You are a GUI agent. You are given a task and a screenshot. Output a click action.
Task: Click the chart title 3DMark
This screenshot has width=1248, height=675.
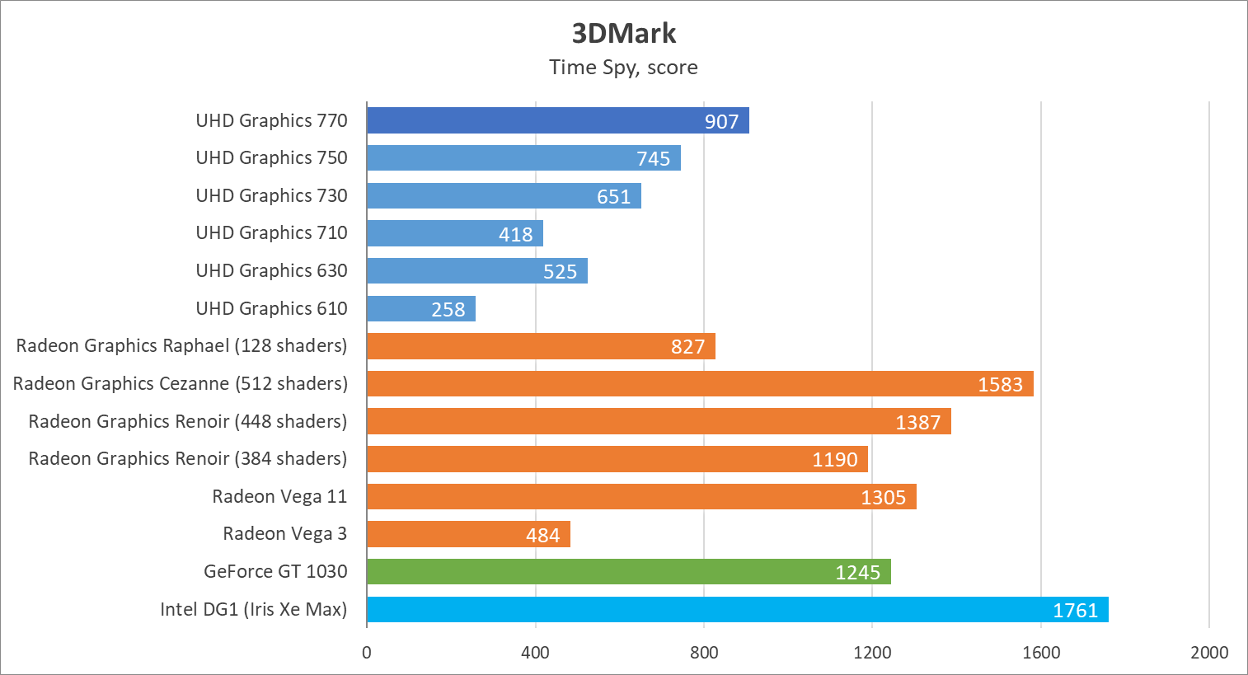[624, 33]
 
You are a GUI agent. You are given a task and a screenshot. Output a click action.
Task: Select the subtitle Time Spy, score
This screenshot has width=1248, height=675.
[623, 68]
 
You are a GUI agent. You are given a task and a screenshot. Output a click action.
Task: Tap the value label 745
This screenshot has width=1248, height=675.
[653, 158]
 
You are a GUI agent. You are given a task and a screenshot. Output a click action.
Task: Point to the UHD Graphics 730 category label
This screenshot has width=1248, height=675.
[271, 195]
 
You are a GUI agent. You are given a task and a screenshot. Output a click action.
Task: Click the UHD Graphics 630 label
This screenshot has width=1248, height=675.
[271, 270]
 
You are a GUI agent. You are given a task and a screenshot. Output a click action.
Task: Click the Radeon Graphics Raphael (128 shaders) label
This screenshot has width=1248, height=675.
[181, 345]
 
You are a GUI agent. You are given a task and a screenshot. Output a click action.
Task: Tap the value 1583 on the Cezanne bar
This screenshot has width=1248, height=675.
[1000, 384]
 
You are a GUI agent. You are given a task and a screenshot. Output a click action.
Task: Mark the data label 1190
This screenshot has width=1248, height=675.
[835, 460]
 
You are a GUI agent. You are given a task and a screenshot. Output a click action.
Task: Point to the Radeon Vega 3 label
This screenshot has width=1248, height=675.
[284, 534]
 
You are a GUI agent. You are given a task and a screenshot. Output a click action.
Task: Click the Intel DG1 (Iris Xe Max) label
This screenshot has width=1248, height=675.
[253, 609]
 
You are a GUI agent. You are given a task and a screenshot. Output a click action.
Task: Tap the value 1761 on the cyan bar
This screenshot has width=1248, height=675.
[1075, 610]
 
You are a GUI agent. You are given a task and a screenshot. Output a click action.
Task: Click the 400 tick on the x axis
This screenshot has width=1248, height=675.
[535, 653]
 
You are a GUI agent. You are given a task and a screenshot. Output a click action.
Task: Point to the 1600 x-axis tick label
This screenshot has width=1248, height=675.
[1041, 653]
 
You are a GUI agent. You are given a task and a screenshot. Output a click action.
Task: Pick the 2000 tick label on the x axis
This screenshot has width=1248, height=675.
[1209, 653]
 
